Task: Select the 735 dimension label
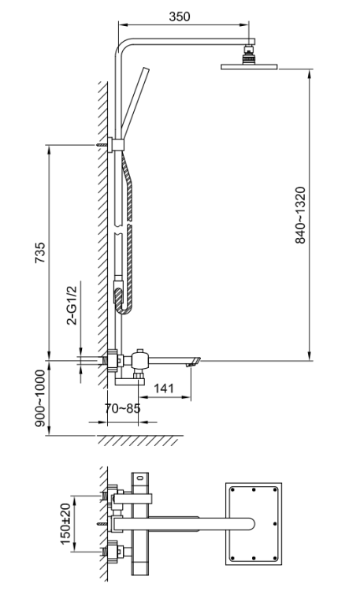[x=40, y=251]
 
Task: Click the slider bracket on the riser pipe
[x=117, y=144]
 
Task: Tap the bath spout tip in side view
[x=194, y=361]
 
